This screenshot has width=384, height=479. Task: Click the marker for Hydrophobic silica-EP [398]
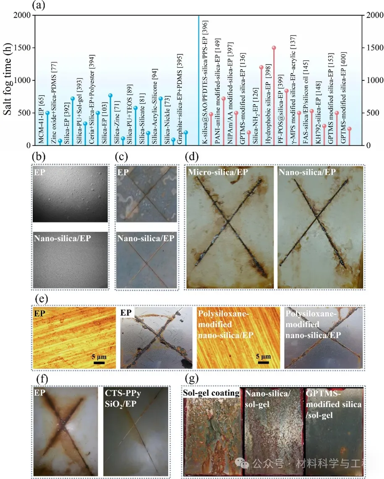274,48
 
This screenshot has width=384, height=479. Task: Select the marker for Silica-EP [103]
110,95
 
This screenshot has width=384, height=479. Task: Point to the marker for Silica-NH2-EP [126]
261,67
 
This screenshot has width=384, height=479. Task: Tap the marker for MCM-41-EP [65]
47,113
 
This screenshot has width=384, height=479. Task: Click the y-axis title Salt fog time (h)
8,80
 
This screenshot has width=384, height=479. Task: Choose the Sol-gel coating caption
211,393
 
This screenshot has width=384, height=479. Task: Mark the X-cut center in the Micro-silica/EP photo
227,221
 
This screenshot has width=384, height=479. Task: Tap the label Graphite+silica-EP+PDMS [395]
180,92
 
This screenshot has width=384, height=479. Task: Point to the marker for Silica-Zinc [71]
123,138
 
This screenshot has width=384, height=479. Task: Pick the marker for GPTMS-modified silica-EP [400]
349,129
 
